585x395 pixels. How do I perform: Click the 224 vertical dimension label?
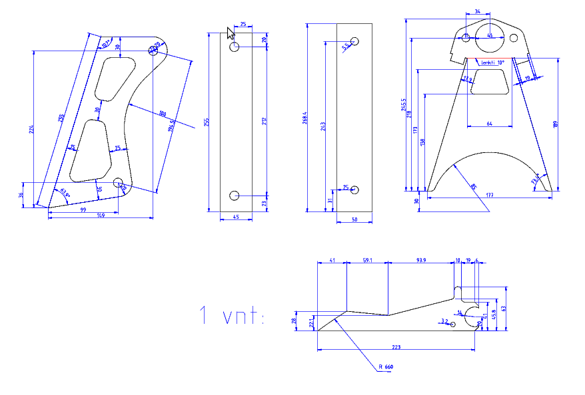click(31, 130)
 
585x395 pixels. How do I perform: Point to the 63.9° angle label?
click(64, 192)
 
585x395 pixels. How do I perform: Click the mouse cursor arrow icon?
click(231, 33)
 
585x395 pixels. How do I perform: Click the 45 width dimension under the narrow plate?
click(235, 217)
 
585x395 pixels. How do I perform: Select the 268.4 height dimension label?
click(304, 118)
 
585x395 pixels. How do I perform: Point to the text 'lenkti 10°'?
click(492, 63)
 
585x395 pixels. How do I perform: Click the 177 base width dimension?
click(490, 196)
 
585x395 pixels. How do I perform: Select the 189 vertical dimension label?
click(556, 124)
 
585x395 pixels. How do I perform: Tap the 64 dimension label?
click(490, 124)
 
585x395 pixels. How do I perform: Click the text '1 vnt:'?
click(231, 316)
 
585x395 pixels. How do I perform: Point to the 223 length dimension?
click(397, 347)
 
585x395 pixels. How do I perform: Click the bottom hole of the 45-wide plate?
click(235, 195)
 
